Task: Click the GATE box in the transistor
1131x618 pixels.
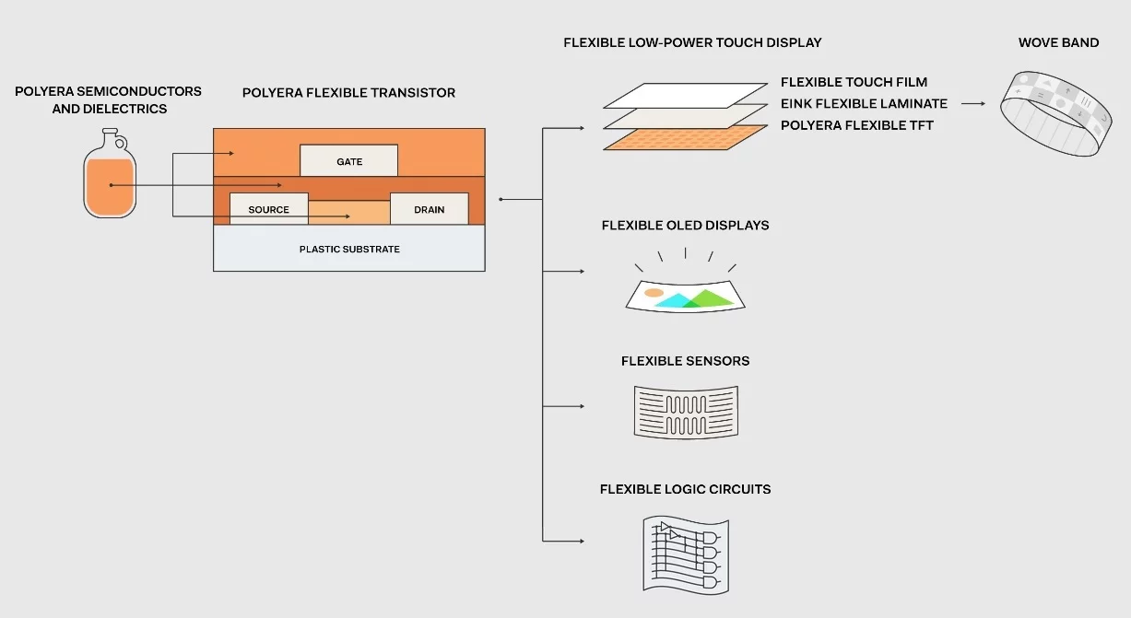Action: tap(349, 161)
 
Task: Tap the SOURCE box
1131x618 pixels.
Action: tap(268, 209)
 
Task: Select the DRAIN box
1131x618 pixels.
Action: tap(430, 209)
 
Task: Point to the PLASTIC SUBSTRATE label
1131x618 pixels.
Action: tap(349, 250)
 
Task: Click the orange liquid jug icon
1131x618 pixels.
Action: tap(110, 173)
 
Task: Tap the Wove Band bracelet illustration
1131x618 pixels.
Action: tap(1055, 114)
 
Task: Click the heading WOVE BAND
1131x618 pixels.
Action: tap(1058, 42)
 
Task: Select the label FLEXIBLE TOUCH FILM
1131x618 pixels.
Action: tap(854, 82)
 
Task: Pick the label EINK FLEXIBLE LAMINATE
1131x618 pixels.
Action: tap(864, 103)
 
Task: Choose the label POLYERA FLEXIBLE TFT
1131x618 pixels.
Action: tap(857, 125)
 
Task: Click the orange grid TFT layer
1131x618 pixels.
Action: tap(685, 137)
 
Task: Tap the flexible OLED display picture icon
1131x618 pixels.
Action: tap(685, 297)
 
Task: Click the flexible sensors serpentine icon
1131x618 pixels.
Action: tap(686, 413)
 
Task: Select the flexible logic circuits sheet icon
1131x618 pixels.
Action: tap(686, 555)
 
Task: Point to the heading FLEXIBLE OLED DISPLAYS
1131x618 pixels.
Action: tap(685, 225)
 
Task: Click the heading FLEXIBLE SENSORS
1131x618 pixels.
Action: tap(685, 361)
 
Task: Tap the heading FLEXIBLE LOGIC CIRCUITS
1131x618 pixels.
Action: tap(685, 489)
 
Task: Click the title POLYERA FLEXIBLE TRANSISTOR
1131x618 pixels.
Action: tap(348, 93)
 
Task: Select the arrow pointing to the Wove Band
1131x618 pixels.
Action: tap(973, 103)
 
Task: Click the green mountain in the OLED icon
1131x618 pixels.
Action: tap(710, 298)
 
